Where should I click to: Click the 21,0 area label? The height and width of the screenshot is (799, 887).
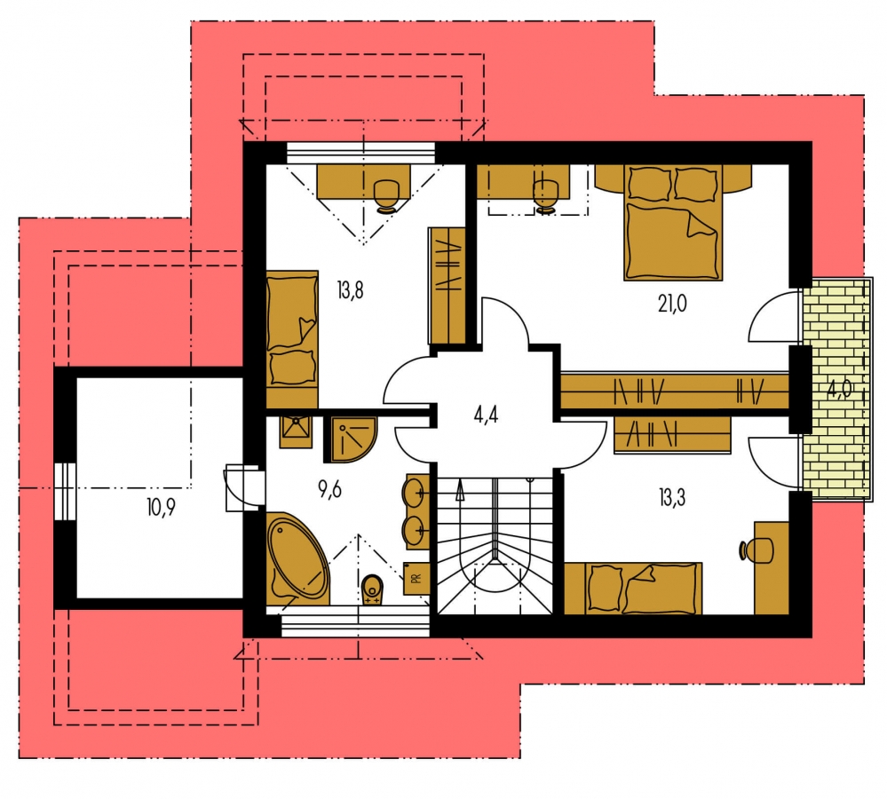click(x=672, y=305)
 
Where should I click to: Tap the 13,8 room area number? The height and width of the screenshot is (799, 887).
click(x=350, y=290)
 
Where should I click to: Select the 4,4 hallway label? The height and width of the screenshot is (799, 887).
click(x=486, y=415)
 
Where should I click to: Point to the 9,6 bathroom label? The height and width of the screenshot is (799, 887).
click(x=329, y=490)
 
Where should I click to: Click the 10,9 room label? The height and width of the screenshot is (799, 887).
click(x=161, y=507)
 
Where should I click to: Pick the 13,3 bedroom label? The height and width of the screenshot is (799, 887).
click(x=672, y=498)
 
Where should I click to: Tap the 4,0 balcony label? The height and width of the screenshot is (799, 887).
click(x=839, y=390)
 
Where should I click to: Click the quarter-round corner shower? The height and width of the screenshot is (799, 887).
click(x=350, y=439)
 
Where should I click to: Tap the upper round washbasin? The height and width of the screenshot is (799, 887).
click(x=414, y=493)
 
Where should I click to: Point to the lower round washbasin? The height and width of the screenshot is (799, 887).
click(x=414, y=530)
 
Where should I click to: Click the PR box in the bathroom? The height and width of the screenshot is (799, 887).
click(x=416, y=579)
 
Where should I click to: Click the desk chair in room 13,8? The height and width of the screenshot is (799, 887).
click(x=387, y=196)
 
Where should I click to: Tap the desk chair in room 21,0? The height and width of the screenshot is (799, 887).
click(x=546, y=196)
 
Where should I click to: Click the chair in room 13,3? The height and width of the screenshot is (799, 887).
click(x=756, y=550)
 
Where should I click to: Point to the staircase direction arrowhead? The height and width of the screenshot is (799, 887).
click(x=460, y=490)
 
